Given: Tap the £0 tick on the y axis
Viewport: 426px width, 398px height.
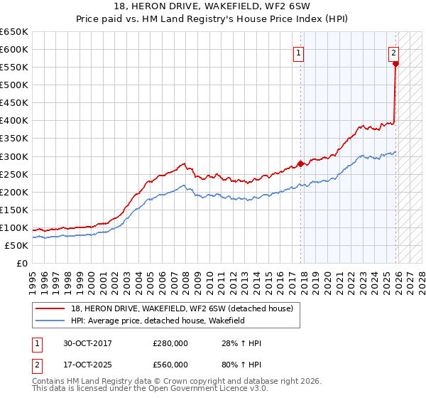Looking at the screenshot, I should click(x=22, y=263).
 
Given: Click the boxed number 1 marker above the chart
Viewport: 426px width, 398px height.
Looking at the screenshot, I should click(x=298, y=53).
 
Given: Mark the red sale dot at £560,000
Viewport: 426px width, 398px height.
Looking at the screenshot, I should click(x=395, y=63).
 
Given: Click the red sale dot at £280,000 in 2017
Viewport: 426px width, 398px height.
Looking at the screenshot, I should click(x=300, y=163).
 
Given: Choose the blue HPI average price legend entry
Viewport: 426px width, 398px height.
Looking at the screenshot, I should click(x=157, y=321).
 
